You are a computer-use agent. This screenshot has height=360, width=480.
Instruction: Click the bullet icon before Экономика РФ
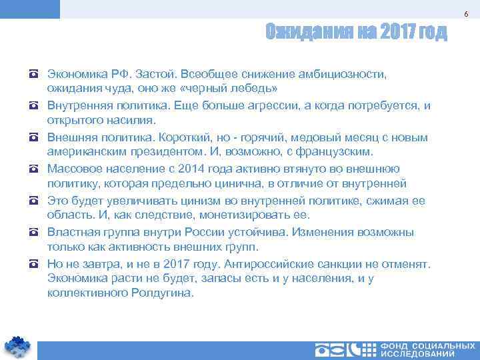(x=33, y=73)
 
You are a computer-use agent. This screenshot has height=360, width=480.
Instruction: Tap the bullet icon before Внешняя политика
(x=33, y=137)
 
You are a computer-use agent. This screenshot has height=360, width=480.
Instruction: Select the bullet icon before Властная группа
(x=33, y=233)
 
